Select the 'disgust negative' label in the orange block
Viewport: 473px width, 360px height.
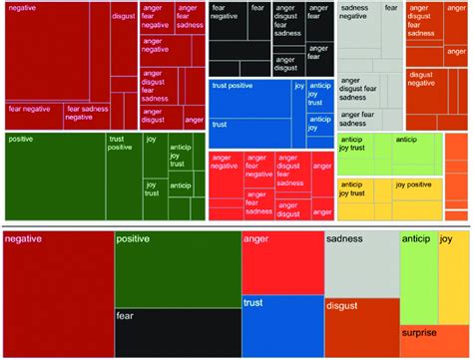427,79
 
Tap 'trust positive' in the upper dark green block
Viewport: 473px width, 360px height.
120,144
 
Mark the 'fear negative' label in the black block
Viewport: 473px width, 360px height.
225,13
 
